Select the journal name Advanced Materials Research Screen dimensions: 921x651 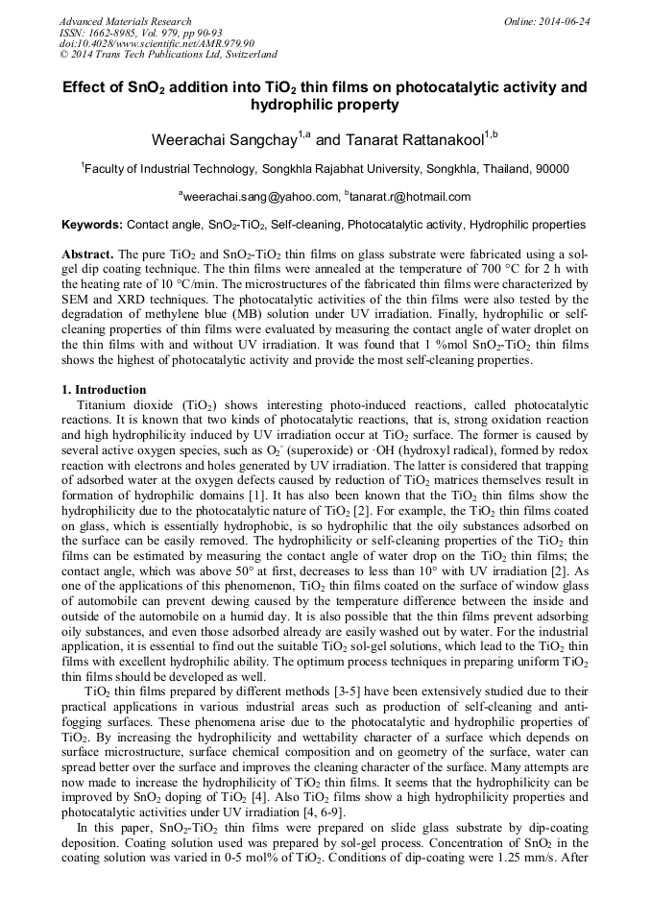coord(125,20)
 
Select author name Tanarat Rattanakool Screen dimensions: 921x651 coord(412,140)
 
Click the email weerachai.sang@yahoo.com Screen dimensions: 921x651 coord(260,197)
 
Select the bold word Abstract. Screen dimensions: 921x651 coord(87,254)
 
